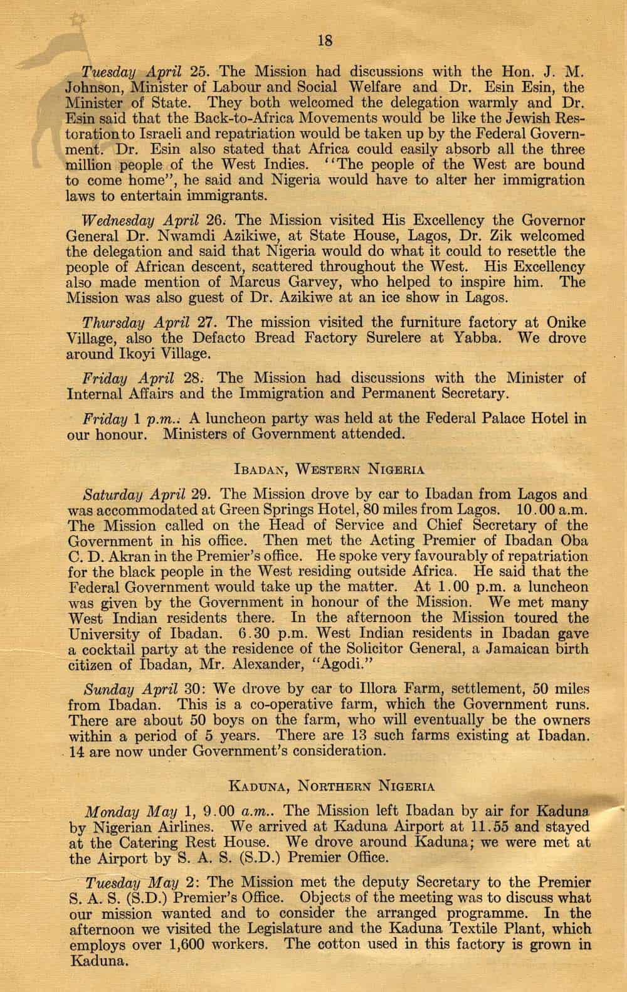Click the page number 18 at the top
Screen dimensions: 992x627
(x=325, y=41)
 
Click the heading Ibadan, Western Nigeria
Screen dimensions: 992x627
(x=329, y=469)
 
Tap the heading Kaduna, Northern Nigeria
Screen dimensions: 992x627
(x=329, y=785)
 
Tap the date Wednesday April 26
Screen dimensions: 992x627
(x=149, y=221)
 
